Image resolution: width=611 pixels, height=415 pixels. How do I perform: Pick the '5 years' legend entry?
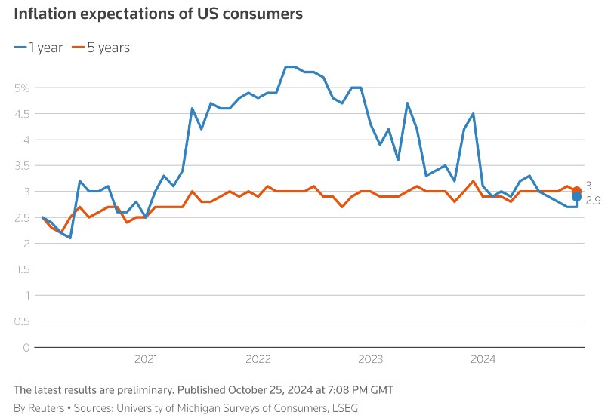[x=100, y=48]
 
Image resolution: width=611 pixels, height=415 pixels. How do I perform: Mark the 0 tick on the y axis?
[x=26, y=348]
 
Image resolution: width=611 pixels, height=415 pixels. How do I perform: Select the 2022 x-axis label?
[x=258, y=359]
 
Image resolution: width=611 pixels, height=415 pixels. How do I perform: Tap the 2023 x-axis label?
[x=371, y=359]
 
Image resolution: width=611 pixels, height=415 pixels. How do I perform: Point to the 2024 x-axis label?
[x=483, y=359]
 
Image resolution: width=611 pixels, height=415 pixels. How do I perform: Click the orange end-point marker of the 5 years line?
[x=577, y=191]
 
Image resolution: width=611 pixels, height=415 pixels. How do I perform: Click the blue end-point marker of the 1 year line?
[x=577, y=197]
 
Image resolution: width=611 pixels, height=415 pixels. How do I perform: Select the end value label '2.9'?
[x=594, y=201]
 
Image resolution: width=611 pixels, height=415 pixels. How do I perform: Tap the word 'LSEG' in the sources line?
[x=343, y=408]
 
